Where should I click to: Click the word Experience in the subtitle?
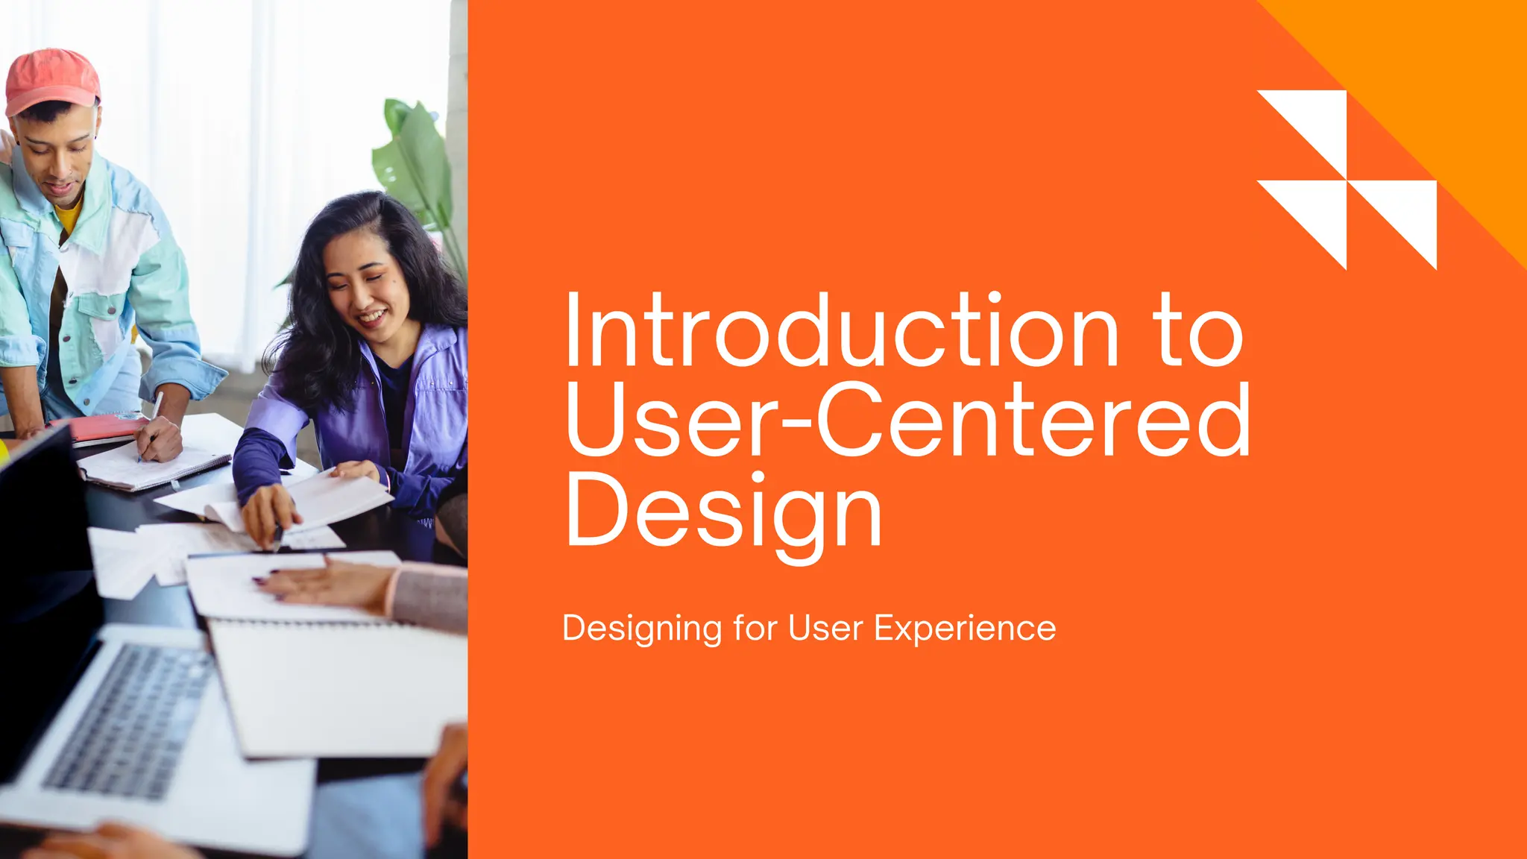click(964, 628)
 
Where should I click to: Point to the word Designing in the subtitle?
click(642, 629)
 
